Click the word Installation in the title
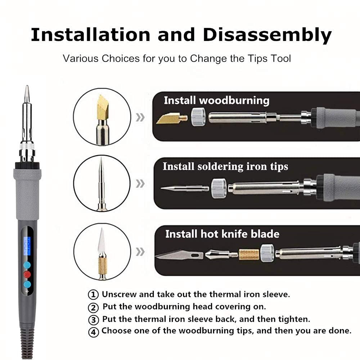click(90, 35)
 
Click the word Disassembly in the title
click(267, 35)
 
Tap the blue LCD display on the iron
click(27, 246)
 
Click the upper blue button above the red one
click(27, 265)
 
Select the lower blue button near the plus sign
click(27, 284)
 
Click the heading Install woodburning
click(216, 101)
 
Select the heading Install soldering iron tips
click(225, 166)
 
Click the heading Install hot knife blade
click(222, 234)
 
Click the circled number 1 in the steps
click(93, 294)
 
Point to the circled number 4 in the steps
click(93, 332)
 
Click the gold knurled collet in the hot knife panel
click(249, 255)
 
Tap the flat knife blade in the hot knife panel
click(179, 255)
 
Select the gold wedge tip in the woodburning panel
click(171, 118)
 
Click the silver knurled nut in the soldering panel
click(219, 188)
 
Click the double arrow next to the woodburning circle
click(140, 117)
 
